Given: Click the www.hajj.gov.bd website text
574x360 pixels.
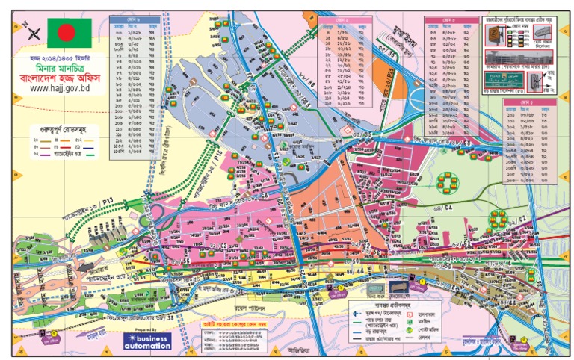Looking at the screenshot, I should coord(60,87).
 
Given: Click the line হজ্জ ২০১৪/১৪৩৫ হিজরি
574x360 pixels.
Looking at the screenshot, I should coord(60,57).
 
